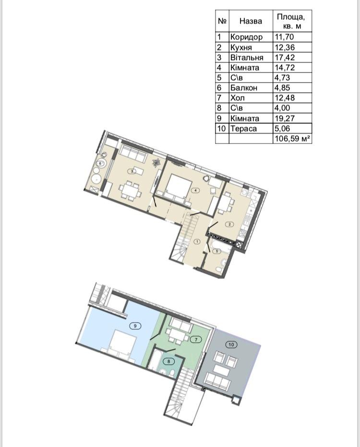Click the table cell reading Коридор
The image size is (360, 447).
tap(246, 37)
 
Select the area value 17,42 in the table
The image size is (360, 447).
tap(285, 57)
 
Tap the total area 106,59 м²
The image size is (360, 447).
tap(292, 139)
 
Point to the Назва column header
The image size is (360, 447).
tap(251, 21)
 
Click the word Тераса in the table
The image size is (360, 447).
tap(243, 129)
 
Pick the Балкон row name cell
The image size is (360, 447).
tap(244, 88)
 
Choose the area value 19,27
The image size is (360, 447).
tap(285, 118)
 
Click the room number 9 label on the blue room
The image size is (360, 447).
tap(135, 326)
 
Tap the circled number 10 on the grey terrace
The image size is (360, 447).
tap(231, 345)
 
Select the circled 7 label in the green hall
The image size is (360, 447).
tap(196, 339)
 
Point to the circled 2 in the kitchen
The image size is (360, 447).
tap(229, 224)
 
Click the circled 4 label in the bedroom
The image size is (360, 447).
tap(195, 190)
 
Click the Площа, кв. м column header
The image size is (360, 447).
tap(291, 22)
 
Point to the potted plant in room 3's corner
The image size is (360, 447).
tap(156, 162)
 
